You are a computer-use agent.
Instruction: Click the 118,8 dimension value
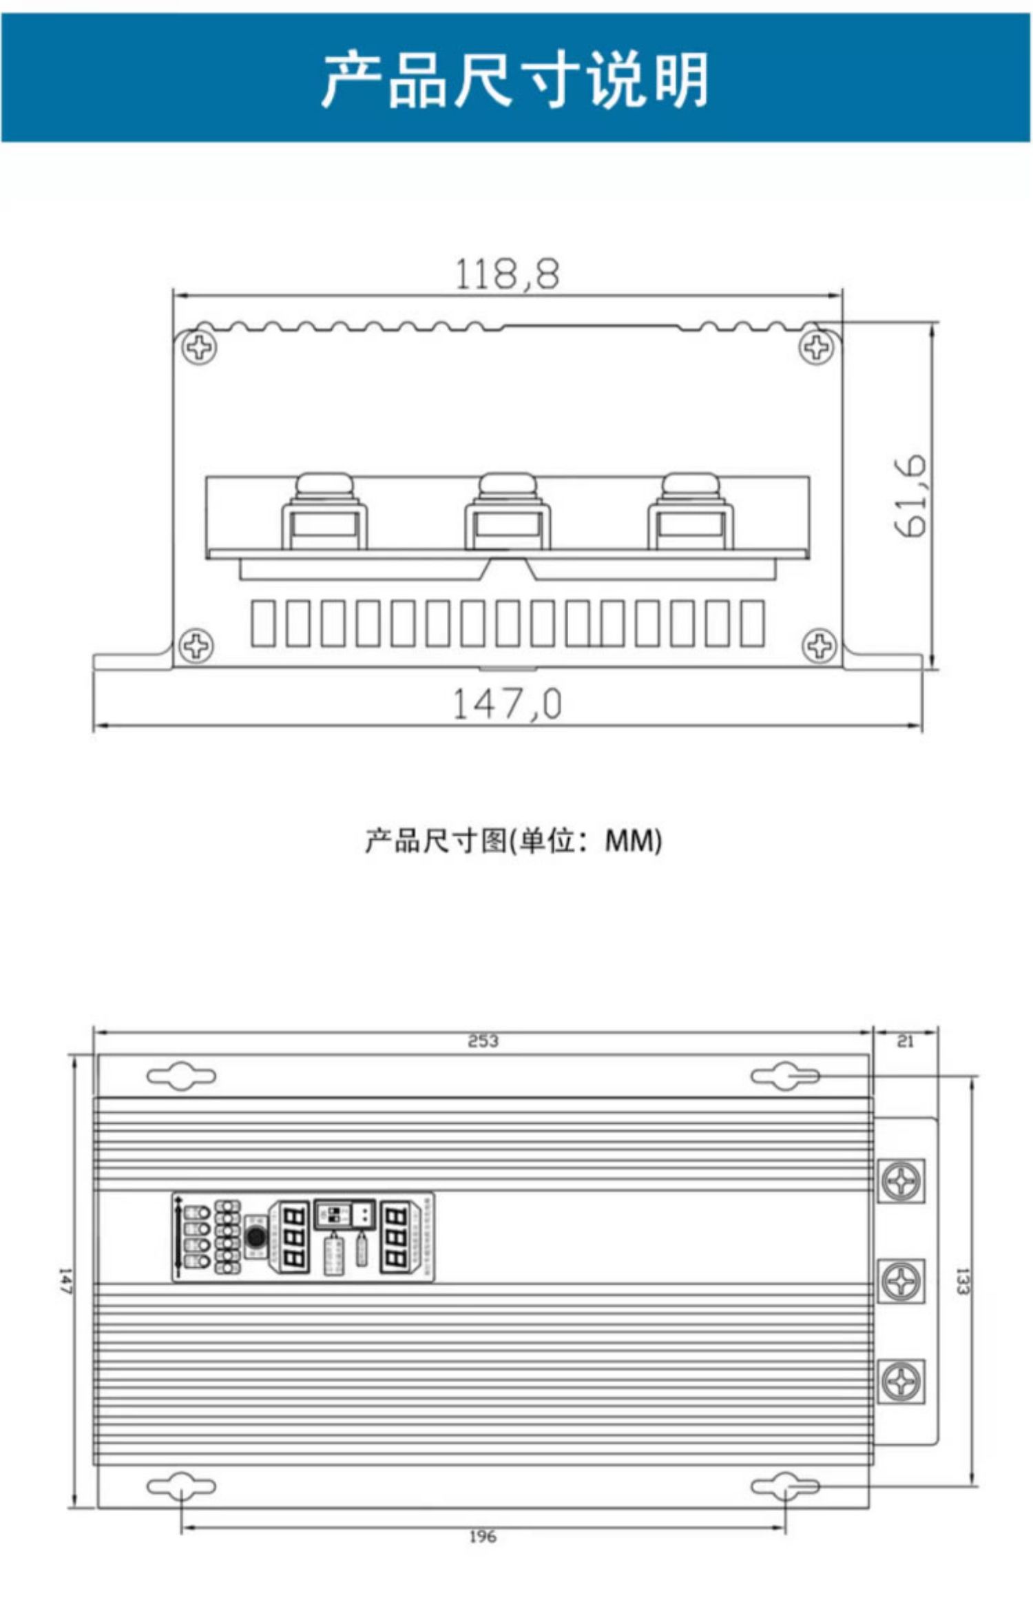pos(508,274)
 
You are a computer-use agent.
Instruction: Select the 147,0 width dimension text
pos(507,704)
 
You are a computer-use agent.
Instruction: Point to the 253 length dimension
pos(483,1040)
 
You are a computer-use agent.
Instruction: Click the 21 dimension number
pos(905,1041)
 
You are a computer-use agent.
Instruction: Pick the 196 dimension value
pos(482,1536)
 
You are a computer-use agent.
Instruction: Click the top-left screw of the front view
pos(200,347)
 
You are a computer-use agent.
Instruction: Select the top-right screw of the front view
pos(817,347)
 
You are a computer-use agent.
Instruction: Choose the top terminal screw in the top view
pos(901,1181)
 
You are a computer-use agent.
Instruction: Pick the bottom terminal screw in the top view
pos(901,1380)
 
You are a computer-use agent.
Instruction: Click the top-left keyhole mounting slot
pos(181,1076)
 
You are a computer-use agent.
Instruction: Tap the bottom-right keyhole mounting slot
pos(785,1486)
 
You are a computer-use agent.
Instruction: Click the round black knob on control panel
pos(256,1236)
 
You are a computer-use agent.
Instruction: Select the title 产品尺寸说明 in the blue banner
pos(515,80)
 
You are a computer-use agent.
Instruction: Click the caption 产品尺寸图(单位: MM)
pos(513,841)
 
